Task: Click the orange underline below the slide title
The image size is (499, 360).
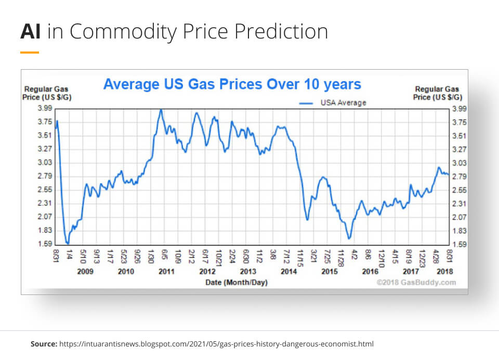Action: (x=30, y=53)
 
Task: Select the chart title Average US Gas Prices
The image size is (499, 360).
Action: (x=232, y=84)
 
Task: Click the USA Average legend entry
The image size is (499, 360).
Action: (x=343, y=102)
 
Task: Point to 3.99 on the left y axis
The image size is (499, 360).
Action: (x=45, y=108)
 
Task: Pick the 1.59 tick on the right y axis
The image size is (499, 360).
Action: (x=459, y=244)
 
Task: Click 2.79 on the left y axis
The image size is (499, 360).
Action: (x=45, y=176)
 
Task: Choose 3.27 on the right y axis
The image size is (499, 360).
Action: (x=459, y=149)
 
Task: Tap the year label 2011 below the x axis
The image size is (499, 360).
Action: (x=166, y=271)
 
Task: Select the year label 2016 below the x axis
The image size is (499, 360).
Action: (x=370, y=271)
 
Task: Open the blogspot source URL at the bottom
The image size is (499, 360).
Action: (x=216, y=344)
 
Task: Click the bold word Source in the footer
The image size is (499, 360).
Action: (x=44, y=344)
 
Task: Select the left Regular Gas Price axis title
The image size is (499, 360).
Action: (x=45, y=93)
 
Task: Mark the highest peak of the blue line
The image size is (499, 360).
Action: (x=161, y=110)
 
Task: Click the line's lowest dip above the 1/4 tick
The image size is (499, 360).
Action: (x=68, y=243)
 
